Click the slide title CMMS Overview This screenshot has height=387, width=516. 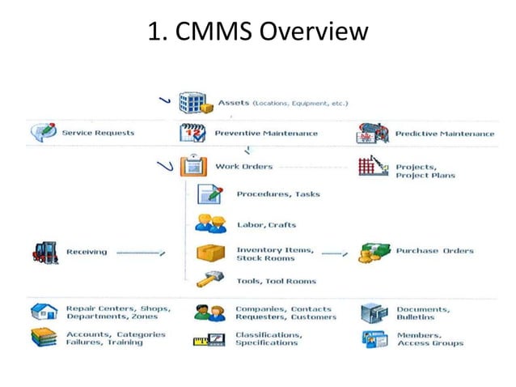click(258, 32)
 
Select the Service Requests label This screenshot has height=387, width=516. click(98, 133)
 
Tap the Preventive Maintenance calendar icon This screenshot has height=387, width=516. click(192, 133)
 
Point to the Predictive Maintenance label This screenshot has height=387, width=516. click(444, 133)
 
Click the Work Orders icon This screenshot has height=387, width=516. click(192, 168)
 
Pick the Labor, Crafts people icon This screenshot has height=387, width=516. click(209, 224)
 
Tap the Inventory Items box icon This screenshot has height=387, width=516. click(209, 253)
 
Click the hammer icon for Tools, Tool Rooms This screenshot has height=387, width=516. click(209, 281)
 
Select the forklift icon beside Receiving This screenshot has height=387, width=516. click(44, 252)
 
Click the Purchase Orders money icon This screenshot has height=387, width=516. click(373, 252)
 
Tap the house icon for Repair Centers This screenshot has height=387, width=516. click(44, 313)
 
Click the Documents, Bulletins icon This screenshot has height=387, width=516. click(373, 313)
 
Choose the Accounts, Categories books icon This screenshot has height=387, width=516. click(44, 338)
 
